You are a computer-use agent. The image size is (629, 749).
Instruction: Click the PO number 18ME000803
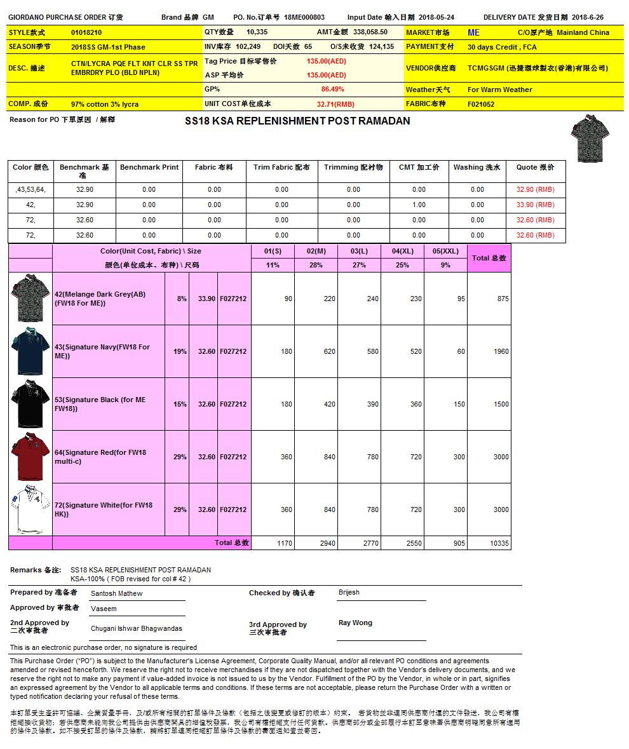(x=304, y=17)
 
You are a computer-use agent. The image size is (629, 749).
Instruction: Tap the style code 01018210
(x=86, y=32)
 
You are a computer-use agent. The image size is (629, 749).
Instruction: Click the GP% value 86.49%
(x=332, y=90)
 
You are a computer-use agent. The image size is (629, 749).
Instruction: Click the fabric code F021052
(x=481, y=104)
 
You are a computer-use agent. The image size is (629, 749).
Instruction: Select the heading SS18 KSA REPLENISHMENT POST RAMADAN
(x=297, y=121)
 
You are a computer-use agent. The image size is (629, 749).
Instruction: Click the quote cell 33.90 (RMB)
(x=535, y=205)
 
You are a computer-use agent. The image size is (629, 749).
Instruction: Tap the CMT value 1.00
(x=419, y=205)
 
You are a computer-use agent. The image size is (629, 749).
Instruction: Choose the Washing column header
(x=477, y=167)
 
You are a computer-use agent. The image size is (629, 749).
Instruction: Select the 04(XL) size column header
(x=402, y=251)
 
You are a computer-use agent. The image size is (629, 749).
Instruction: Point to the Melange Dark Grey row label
(x=100, y=299)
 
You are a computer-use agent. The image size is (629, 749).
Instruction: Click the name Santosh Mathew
(x=116, y=593)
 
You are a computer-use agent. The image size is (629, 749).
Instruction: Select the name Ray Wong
(x=355, y=623)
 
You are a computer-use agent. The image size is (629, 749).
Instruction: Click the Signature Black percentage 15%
(x=180, y=404)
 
